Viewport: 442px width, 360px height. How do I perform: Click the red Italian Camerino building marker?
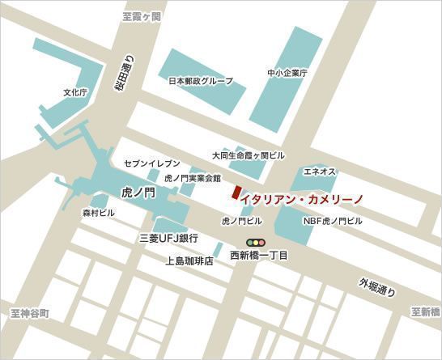236,193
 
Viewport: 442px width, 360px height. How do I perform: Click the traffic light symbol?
257,242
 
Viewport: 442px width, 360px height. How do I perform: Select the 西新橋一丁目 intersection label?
259,256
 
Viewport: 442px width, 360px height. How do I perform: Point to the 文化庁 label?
74,93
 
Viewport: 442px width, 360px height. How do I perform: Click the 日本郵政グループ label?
200,81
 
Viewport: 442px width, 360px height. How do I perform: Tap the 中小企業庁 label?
287,73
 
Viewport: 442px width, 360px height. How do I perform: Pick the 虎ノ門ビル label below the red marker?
242,220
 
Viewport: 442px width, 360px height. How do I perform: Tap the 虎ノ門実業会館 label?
192,177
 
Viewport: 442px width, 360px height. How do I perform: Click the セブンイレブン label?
152,163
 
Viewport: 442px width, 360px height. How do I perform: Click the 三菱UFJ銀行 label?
169,239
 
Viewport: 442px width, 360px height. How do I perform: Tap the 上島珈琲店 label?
189,260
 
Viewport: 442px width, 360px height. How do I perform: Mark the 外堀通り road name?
376,289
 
